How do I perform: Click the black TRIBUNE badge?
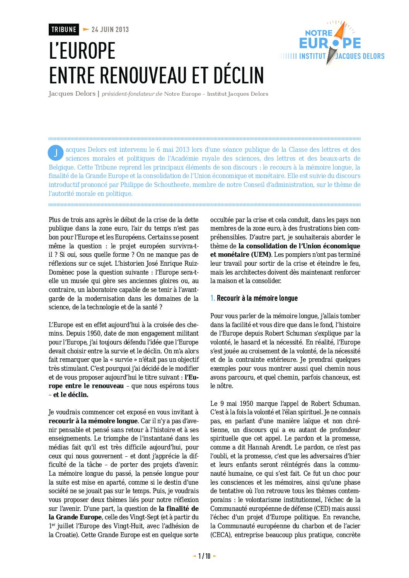(64, 29)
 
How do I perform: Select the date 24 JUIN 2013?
(110, 29)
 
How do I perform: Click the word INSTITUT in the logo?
(313, 56)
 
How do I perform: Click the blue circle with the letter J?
(56, 153)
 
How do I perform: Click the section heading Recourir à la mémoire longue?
(257, 298)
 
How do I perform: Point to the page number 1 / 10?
(204, 556)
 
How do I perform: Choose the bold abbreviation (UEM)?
(261, 254)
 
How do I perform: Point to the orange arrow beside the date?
(86, 29)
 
